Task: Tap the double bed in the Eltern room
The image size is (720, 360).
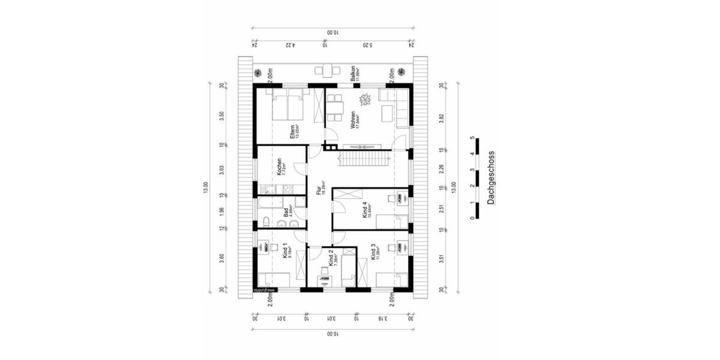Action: point(287,107)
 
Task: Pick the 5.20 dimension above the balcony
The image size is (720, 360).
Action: point(367,44)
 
